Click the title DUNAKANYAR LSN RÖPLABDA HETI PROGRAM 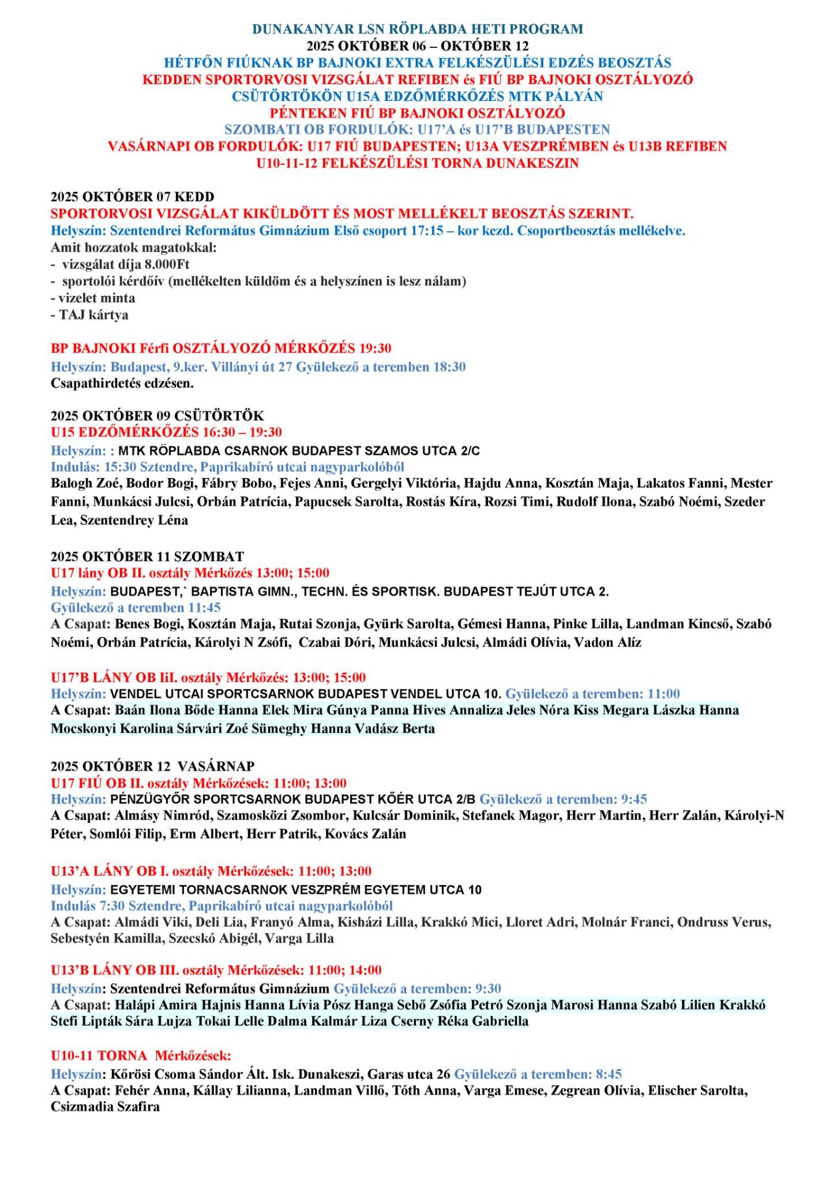417,29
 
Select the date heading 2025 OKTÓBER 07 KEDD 132,197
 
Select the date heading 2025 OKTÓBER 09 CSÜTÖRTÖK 157,416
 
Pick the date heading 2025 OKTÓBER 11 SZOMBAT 147,557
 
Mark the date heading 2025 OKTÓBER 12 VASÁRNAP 153,766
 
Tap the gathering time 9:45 634,800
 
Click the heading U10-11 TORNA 99,1056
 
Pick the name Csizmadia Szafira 105,1107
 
